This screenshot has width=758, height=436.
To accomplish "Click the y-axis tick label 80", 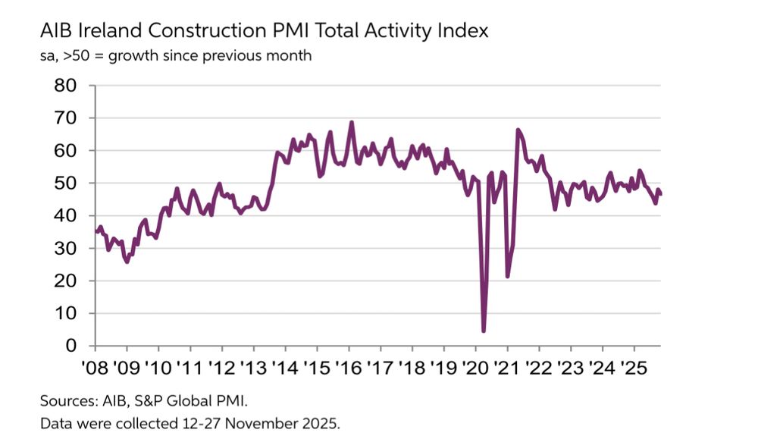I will (66, 86).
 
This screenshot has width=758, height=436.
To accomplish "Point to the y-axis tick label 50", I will (66, 183).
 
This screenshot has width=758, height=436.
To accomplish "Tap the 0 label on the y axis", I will (73, 347).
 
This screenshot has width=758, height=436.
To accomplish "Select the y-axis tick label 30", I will (66, 249).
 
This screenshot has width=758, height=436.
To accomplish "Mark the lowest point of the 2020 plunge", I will (484, 331).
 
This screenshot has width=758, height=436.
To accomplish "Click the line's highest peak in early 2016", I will (352, 122).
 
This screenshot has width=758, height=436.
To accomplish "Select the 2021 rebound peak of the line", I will (518, 130).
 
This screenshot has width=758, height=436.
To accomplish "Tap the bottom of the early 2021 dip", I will (507, 276).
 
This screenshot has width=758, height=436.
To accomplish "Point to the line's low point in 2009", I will (127, 262).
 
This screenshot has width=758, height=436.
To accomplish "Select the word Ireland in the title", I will (114, 31).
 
